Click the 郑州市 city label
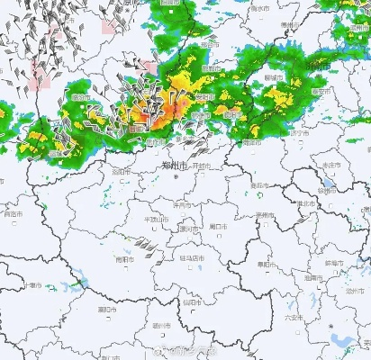coord(171,166)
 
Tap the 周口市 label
coord(217,227)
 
